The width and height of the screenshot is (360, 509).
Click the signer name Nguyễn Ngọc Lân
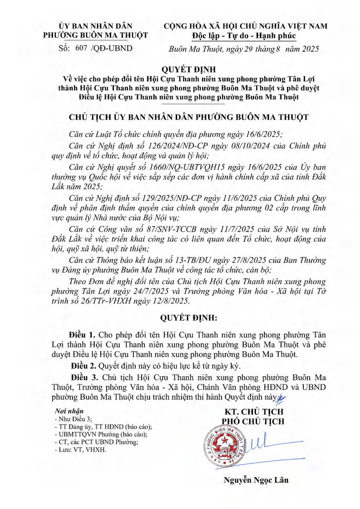(256, 479)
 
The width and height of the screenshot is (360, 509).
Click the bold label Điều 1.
(81, 334)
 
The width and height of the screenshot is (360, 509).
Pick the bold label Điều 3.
(81, 377)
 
